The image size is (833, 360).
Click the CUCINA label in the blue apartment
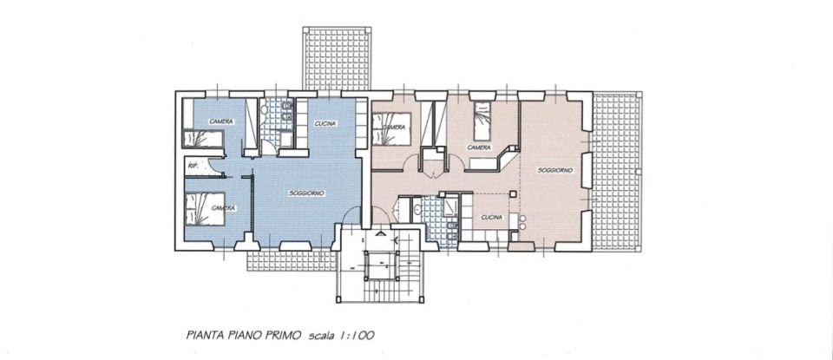(x=325, y=124)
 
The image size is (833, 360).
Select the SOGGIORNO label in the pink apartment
(x=554, y=170)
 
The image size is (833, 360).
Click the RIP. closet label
(x=193, y=165)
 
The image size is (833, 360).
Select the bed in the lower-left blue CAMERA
(x=203, y=208)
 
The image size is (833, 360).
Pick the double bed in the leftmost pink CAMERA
(x=387, y=133)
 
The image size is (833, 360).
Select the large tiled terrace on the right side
(x=619, y=169)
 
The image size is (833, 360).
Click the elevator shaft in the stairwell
(x=378, y=265)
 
